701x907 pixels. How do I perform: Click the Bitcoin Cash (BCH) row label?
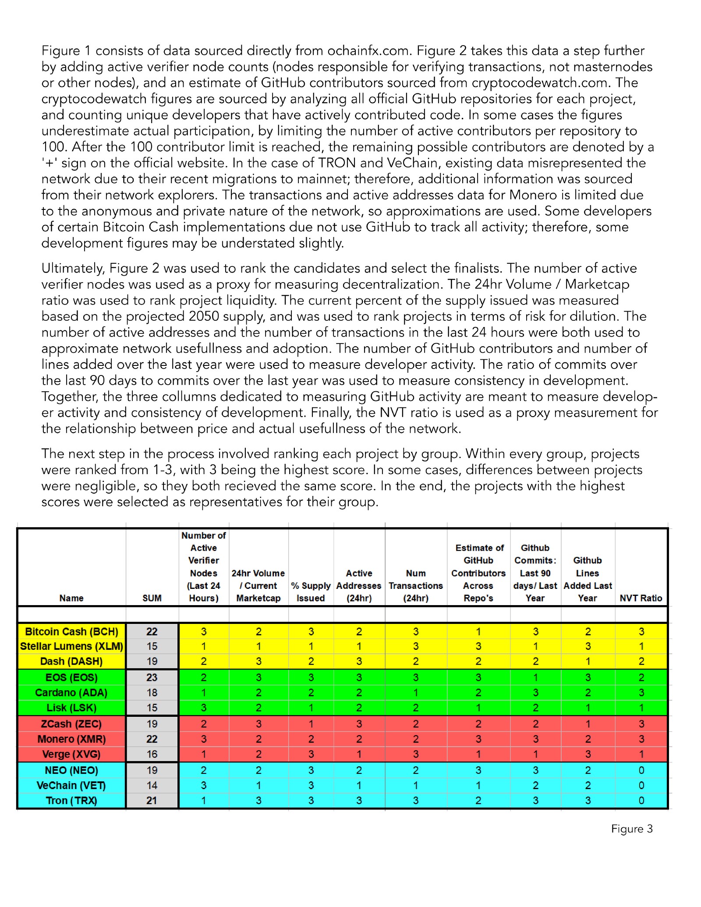(71, 631)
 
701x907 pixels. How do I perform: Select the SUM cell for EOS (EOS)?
(152, 677)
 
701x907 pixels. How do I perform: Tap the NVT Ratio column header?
(641, 598)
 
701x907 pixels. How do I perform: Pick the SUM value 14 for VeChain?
(152, 785)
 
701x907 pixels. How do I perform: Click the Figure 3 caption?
(632, 829)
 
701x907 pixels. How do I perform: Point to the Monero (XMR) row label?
(71, 739)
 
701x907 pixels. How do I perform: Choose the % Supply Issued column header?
(311, 592)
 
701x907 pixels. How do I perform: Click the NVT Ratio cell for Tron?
(641, 801)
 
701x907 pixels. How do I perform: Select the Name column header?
(71, 598)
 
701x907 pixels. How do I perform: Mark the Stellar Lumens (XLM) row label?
(71, 646)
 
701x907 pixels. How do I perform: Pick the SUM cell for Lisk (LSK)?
(152, 708)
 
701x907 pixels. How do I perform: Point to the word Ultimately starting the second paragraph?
(73, 268)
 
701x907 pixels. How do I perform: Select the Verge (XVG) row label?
(71, 754)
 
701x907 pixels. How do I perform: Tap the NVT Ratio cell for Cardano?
(641, 693)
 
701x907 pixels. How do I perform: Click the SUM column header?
(152, 598)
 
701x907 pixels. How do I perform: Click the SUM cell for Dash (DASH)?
(152, 661)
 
